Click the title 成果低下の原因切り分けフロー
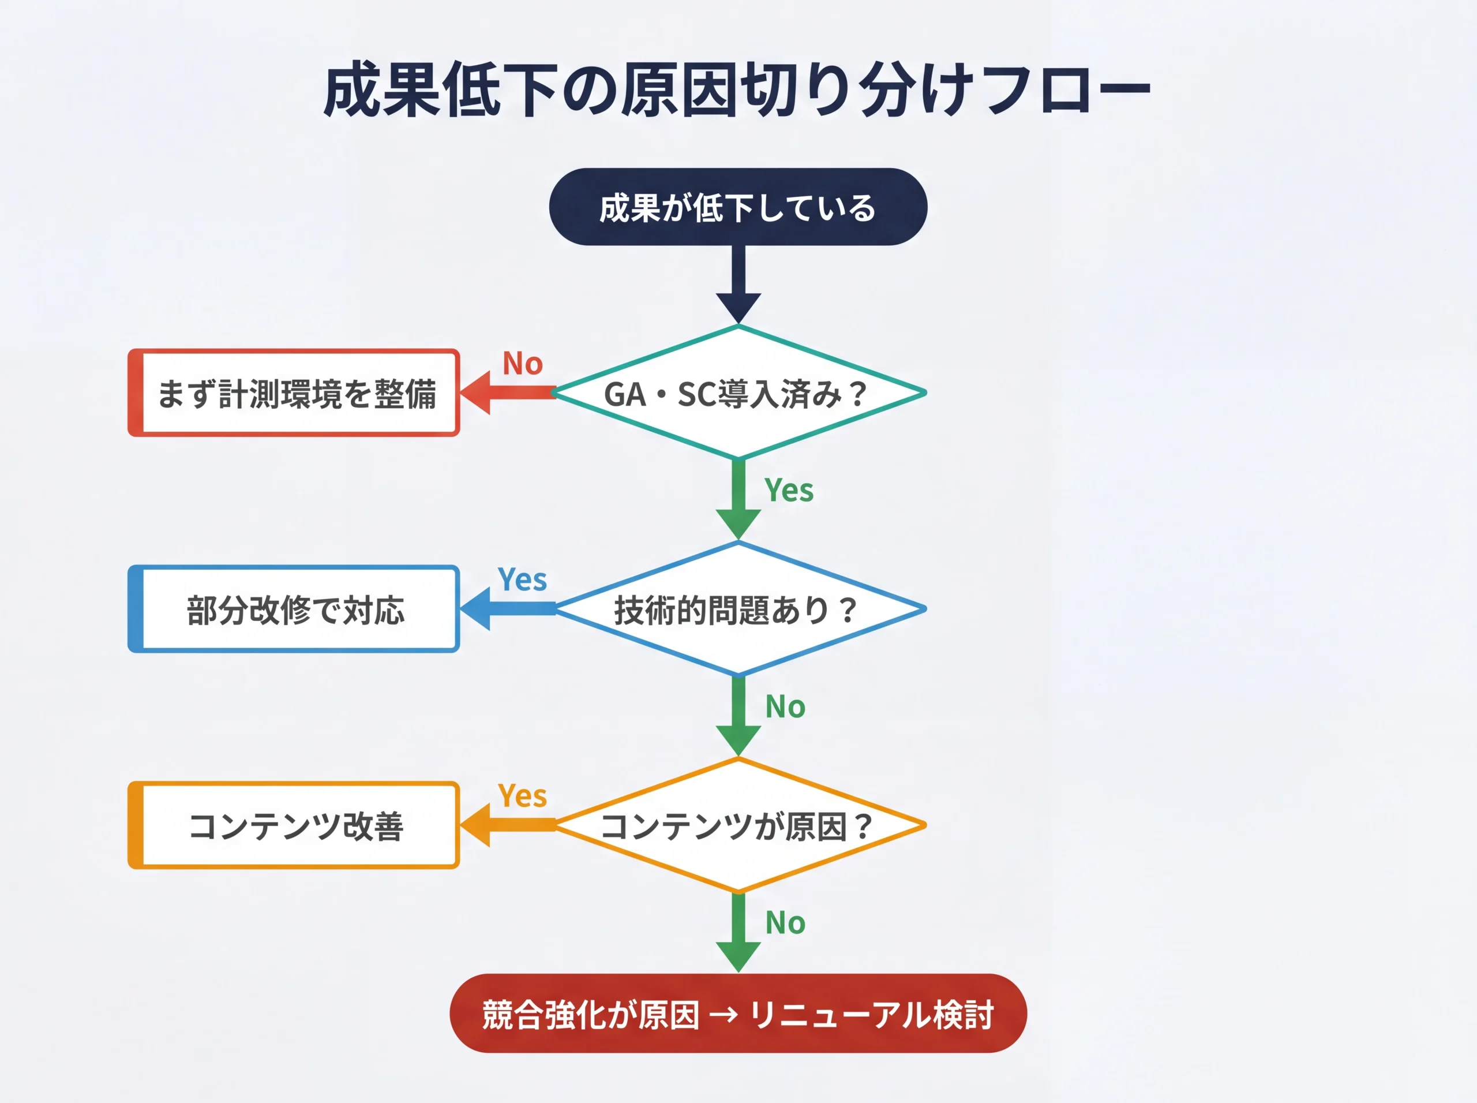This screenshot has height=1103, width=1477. [x=737, y=90]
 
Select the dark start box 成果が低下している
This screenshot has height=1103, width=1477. [x=737, y=207]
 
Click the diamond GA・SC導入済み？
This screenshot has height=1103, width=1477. [x=737, y=393]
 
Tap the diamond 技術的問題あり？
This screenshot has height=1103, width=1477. [x=737, y=609]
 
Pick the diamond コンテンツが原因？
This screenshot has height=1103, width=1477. [x=737, y=825]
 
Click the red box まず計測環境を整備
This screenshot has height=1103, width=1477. [x=294, y=393]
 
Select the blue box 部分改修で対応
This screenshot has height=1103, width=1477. [x=294, y=609]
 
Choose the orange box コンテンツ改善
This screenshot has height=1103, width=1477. [x=294, y=825]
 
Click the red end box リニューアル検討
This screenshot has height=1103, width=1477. [x=737, y=1014]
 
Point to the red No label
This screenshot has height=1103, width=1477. [x=523, y=364]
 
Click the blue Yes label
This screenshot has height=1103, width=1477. [x=523, y=579]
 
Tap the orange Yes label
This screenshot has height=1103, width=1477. [x=523, y=796]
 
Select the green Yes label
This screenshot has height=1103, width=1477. [x=789, y=491]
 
